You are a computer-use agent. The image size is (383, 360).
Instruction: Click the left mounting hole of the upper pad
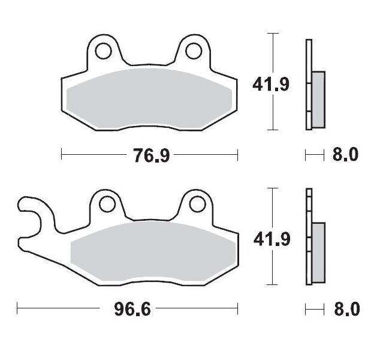(103, 51)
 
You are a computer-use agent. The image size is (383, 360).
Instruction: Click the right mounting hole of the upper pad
(193, 51)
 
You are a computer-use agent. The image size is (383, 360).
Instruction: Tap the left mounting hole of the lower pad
(107, 205)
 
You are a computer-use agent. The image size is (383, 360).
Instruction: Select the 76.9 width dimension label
(150, 156)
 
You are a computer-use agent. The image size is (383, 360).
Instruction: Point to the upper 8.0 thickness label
(345, 155)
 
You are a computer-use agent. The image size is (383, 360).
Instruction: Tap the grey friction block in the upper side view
(318, 99)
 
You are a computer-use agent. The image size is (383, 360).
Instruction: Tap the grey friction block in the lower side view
(318, 252)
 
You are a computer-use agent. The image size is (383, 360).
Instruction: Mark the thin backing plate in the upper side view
(309, 60)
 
